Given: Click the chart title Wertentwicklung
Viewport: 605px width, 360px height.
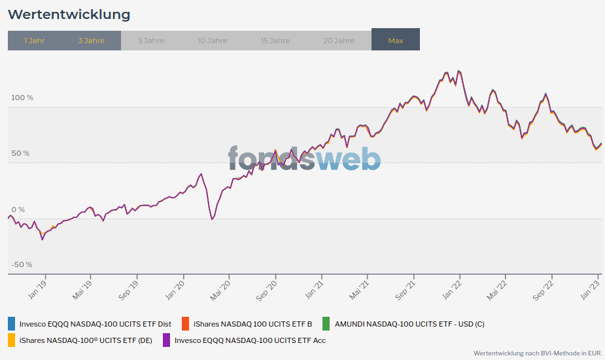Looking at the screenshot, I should (69, 14).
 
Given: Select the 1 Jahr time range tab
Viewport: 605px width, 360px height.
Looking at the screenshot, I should (35, 41).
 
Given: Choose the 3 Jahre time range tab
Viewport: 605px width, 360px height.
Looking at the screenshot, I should (91, 41).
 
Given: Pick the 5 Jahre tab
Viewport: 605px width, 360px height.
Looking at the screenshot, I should (151, 41).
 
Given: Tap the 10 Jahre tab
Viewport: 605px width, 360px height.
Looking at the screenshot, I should (213, 41).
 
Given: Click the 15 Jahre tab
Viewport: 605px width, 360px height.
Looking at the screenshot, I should (275, 41).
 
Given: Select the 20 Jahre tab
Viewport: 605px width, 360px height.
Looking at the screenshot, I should (339, 41).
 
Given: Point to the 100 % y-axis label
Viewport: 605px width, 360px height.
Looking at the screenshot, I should (22, 98).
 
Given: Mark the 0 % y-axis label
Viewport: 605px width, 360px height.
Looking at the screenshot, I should (18, 209).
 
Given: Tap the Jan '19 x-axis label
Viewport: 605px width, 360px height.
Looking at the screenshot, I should (37, 289).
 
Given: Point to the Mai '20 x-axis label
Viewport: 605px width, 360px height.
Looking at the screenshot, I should (220, 289).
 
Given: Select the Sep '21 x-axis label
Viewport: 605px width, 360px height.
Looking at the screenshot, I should (405, 289).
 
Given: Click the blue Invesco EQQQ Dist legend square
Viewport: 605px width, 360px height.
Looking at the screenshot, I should (12, 323).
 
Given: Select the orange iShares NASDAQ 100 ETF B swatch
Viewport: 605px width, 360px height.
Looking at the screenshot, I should (186, 323).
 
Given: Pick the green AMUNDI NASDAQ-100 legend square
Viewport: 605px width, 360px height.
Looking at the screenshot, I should (326, 323).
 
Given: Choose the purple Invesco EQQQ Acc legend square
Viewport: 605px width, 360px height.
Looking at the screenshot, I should (166, 340).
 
